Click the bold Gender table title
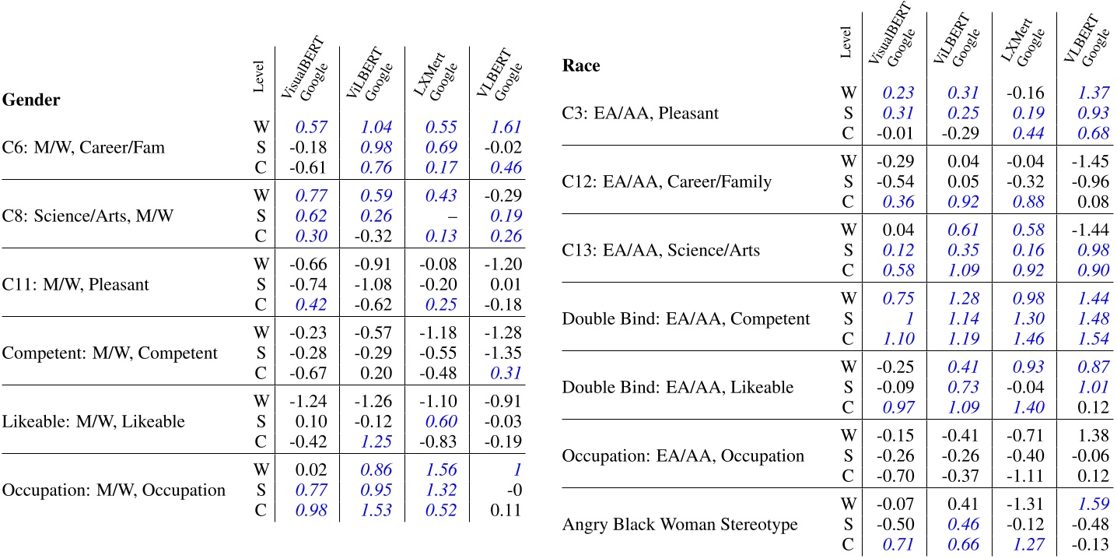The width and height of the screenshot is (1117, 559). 32,100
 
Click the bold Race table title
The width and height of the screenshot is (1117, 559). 580,66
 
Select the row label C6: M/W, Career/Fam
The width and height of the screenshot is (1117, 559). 83,147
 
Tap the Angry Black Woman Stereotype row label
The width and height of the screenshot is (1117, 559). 680,524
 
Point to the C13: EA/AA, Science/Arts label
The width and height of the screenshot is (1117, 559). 661,250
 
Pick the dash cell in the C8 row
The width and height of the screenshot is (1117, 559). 441,216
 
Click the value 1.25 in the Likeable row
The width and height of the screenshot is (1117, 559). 375,442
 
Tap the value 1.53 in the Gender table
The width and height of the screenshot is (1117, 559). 375,511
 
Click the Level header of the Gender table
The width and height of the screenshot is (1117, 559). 259,76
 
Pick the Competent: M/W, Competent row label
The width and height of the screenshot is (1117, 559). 110,353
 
